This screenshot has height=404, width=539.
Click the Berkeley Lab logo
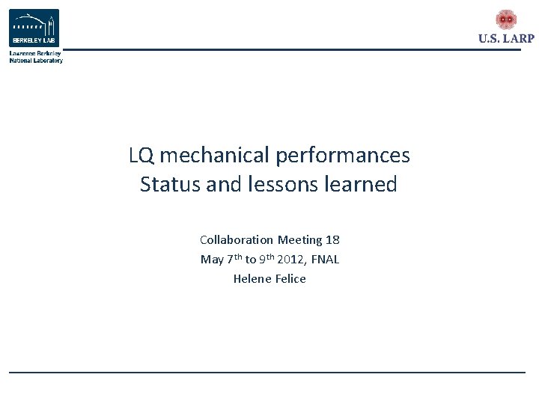coord(34,28)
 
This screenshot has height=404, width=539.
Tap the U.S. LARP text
coord(506,39)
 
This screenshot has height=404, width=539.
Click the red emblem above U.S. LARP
coord(506,19)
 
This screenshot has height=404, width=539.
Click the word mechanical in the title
coord(214,156)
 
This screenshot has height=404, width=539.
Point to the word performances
coord(343,156)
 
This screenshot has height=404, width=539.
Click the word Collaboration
coord(237,240)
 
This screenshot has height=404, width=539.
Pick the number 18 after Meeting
coord(332,240)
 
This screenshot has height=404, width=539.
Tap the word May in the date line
coord(211,260)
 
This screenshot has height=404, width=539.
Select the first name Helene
coord(249,279)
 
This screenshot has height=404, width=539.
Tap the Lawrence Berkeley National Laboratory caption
coord(36,57)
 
